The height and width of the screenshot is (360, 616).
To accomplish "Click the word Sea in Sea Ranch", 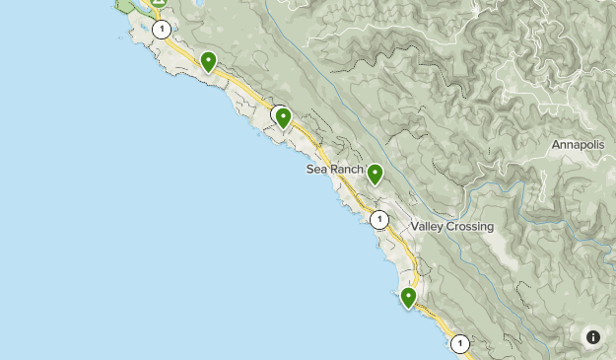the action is pos(316,170).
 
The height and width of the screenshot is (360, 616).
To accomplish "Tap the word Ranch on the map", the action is pos(347,170).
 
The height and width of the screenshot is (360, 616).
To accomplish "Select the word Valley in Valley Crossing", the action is pos(429,227).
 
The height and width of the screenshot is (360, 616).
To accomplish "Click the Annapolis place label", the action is pos(579,144).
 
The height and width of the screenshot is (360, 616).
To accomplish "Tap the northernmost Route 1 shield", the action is pos(162,30).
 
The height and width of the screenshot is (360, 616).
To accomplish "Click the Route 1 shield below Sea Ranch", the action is pos(379,219).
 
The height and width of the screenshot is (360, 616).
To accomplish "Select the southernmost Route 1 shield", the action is pos(460,343).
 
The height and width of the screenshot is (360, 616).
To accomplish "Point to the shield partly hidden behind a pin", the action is pos(277,113).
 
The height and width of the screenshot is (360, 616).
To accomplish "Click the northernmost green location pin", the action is pos(208,62).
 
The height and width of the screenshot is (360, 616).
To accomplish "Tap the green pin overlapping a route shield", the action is pos(284,118).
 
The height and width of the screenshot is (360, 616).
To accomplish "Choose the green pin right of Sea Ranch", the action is pos(375,174).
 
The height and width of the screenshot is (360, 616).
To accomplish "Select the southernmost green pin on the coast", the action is pos(408,297).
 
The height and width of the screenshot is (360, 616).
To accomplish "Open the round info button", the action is pos(593,337).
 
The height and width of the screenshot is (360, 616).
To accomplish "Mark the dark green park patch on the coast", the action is pos(125,5).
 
